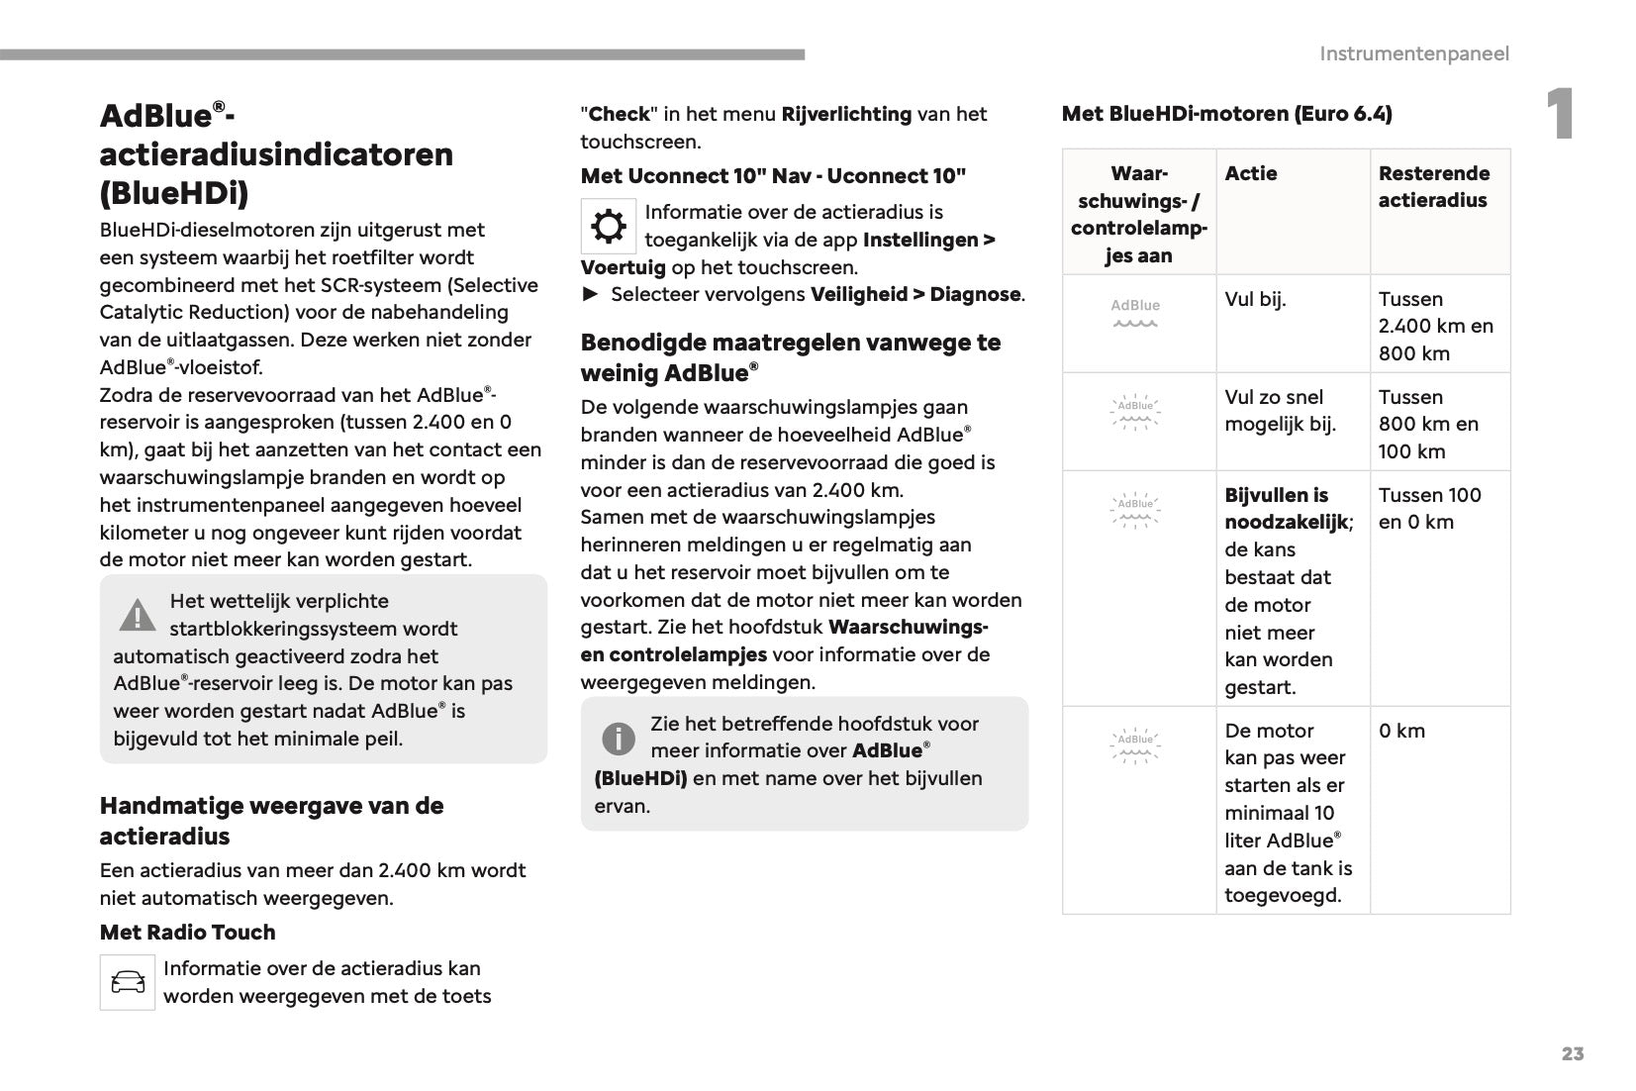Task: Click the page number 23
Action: (1572, 1053)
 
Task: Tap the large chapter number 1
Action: (1560, 115)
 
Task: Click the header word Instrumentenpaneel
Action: (1413, 53)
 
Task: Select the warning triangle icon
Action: (138, 615)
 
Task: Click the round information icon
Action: (619, 738)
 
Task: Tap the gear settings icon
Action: (608, 227)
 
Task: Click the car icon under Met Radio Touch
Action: (128, 982)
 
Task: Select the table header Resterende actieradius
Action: (1433, 187)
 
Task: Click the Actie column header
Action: (1251, 173)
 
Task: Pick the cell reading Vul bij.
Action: (1255, 299)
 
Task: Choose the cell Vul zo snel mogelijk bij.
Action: (1280, 411)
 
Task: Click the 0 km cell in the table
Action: (1401, 731)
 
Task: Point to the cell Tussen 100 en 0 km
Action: (1429, 508)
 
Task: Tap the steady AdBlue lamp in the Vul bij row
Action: (1135, 313)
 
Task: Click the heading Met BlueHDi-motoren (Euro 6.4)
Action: (1226, 114)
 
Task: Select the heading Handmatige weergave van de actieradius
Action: (271, 821)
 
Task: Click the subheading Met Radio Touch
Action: (187, 932)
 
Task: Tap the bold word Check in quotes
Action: (619, 114)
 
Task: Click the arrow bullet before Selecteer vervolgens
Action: (591, 294)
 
